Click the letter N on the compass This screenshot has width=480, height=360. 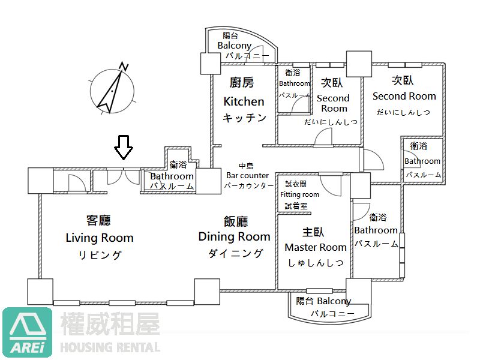tap(124, 67)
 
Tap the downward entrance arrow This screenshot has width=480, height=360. tap(124, 147)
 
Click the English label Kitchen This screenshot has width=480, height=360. tap(244, 101)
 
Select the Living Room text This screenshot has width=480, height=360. tap(100, 238)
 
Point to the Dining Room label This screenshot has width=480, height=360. tap(234, 236)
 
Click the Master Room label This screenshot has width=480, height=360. tap(316, 247)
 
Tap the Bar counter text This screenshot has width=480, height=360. tap(247, 175)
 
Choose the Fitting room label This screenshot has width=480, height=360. tap(299, 194)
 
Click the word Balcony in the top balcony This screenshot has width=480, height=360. tap(234, 46)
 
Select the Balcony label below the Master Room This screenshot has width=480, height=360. tap(334, 301)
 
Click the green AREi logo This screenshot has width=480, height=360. tap(27, 332)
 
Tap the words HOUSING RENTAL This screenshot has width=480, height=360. tap(110, 348)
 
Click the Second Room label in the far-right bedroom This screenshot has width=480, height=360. tap(404, 96)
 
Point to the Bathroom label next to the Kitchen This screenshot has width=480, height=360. tap(294, 83)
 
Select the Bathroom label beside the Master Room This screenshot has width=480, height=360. tap(376, 230)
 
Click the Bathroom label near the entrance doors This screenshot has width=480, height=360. tap(172, 176)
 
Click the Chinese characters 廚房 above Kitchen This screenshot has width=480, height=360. tap(242, 82)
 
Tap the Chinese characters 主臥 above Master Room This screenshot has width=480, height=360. tap(313, 232)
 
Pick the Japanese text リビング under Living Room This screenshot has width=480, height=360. tap(100, 255)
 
